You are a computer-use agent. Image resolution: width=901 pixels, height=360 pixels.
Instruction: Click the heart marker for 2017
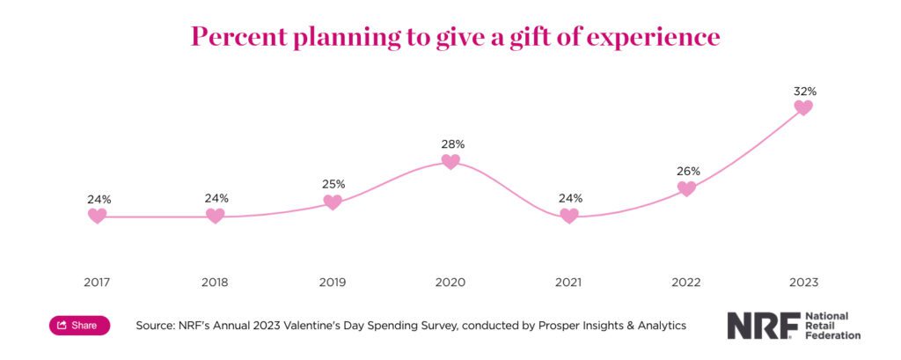(98, 216)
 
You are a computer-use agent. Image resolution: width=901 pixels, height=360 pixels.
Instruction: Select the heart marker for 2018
(215, 216)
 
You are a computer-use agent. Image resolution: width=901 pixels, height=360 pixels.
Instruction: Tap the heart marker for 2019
(333, 202)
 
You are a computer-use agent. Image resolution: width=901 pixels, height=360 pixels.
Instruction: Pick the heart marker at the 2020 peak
(450, 161)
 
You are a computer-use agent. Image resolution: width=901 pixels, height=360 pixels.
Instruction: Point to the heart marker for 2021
(569, 216)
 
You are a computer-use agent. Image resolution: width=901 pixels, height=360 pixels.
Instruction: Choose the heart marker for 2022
(686, 188)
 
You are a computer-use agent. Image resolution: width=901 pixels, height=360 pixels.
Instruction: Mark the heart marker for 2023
(803, 107)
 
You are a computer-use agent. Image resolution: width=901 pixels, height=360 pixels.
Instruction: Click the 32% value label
(803, 91)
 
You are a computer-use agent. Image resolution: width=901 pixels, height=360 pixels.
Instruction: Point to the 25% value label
(333, 184)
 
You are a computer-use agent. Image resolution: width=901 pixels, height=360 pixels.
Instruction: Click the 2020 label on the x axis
(450, 283)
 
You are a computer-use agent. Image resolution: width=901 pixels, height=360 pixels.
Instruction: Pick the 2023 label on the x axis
(803, 283)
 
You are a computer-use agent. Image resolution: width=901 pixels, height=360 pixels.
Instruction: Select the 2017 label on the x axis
(98, 283)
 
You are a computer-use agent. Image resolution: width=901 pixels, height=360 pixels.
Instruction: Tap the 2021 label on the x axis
(569, 283)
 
